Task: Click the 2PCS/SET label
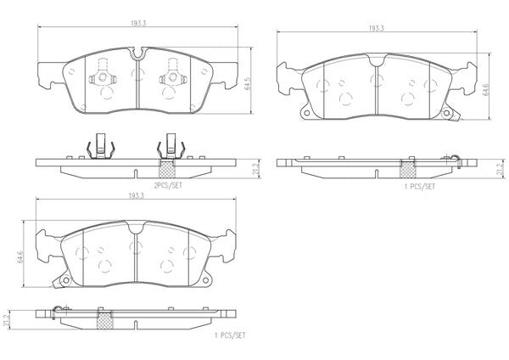168,186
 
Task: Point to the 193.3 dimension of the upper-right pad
376,28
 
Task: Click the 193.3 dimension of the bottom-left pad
137,195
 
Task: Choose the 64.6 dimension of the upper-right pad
485,89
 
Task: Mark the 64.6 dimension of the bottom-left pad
20,256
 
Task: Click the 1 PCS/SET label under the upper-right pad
419,187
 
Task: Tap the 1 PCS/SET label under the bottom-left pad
230,335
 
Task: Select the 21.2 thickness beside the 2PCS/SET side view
256,169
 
